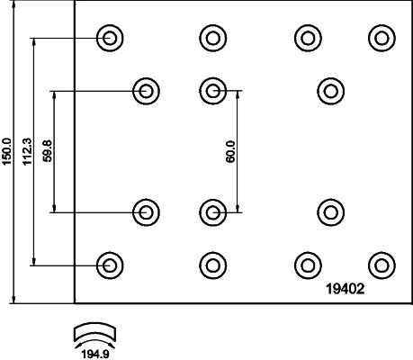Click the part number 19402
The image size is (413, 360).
(346, 289)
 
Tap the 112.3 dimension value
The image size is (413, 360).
(27, 151)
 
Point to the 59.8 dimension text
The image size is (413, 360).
(48, 151)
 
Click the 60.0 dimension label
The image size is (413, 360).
(230, 152)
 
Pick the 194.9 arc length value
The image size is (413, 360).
(95, 355)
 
